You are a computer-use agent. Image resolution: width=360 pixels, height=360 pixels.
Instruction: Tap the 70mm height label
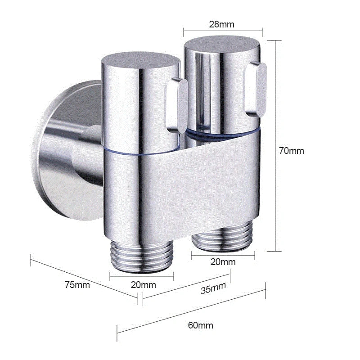tap(291, 151)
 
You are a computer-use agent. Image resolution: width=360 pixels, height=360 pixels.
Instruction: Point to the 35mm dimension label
tap(213, 288)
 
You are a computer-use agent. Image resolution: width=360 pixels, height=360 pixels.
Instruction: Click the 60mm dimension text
tap(201, 325)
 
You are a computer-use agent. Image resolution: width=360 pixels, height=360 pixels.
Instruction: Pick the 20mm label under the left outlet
tap(144, 284)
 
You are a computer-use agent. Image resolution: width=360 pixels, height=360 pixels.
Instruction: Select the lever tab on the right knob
tap(255, 88)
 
